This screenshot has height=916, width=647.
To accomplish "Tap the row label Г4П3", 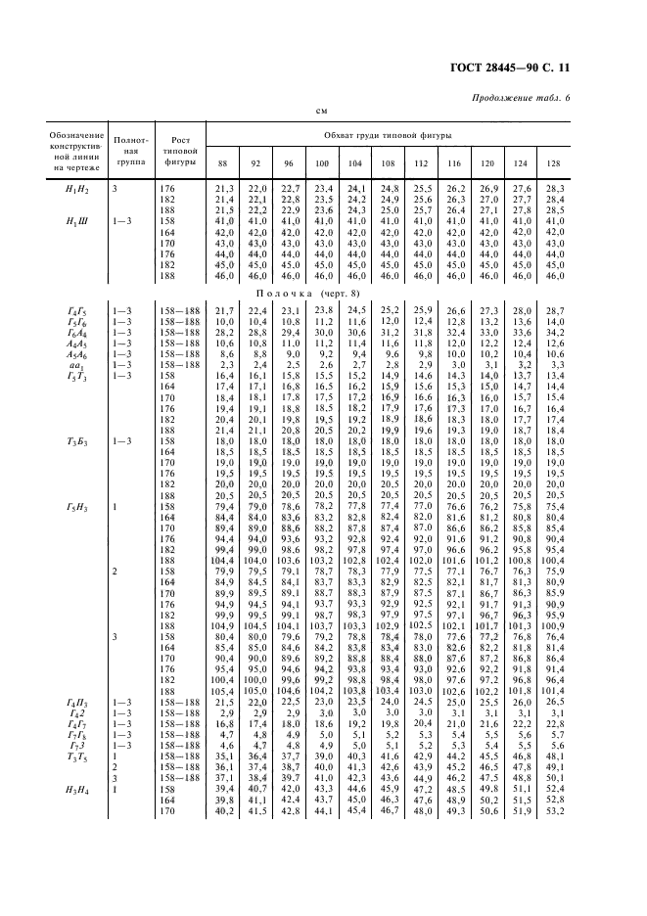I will pos(76,730).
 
